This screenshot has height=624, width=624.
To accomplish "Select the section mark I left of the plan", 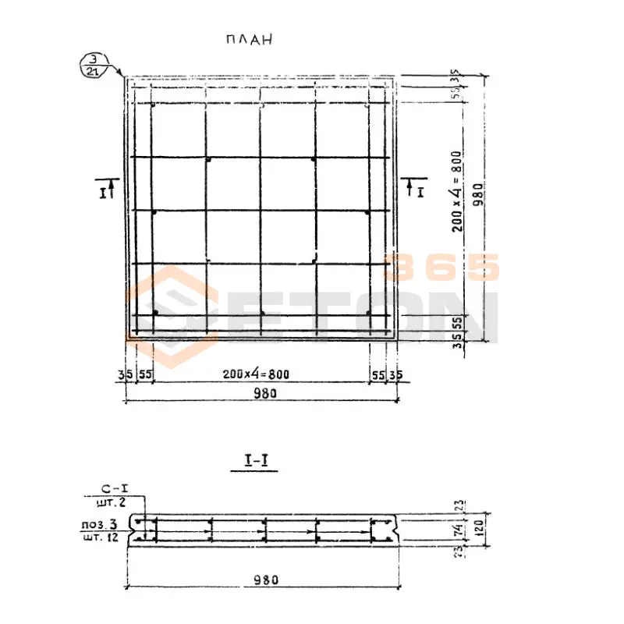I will click(104, 187).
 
